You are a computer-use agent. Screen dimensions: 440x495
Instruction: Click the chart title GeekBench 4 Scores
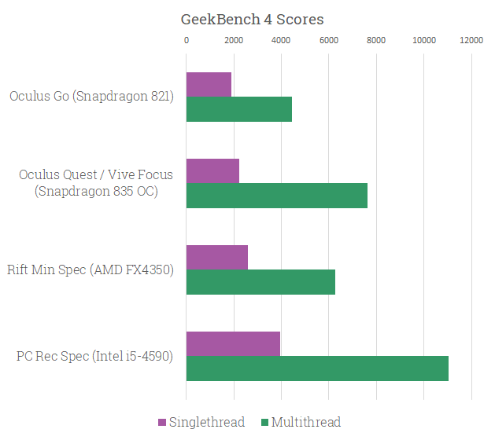coord(252,19)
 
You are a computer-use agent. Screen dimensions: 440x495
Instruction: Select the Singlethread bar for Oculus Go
coord(209,85)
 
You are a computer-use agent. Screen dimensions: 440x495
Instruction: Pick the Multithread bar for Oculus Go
coord(239,109)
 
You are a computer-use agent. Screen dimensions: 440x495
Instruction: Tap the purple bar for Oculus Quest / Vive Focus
coord(212,171)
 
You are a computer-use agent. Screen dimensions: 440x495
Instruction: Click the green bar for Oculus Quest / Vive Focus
coord(277,196)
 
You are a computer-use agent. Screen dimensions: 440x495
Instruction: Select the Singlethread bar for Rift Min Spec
coord(217,258)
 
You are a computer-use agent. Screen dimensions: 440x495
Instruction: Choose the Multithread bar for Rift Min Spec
coord(260,282)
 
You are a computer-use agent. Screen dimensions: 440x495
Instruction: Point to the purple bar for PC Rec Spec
coord(233,344)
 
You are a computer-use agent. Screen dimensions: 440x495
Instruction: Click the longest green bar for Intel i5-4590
coord(317,368)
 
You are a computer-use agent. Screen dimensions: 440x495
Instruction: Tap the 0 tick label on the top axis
coord(187,39)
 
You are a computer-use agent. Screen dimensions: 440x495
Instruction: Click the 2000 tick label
coord(234,39)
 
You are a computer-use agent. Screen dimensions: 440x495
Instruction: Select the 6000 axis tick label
coord(329,39)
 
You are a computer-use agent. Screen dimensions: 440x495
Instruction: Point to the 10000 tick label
coord(424,39)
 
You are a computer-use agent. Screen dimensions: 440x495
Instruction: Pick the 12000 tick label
coord(471,39)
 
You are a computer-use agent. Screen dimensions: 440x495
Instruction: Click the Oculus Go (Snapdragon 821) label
coord(91,97)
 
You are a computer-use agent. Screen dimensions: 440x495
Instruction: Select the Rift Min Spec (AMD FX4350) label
coord(91,270)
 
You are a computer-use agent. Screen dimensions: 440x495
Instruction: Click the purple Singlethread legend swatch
coord(162,423)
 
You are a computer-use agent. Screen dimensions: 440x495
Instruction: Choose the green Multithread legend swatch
coord(264,423)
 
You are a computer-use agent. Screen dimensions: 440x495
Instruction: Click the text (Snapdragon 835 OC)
coord(96,192)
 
